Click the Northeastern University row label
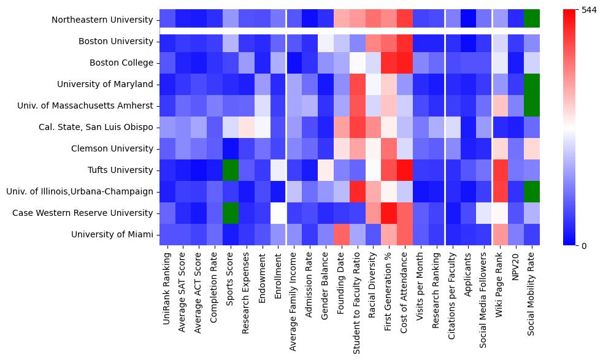coord(102,20)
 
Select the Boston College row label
coord(121,63)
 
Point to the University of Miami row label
coord(112,234)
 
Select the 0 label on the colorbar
coord(583,245)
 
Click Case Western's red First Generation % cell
coord(388,213)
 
